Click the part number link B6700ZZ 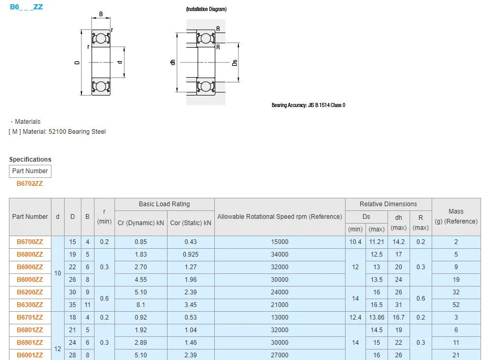tap(30, 242)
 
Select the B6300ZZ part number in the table tap(30, 305)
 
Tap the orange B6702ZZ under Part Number tap(30, 184)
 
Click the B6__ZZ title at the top tap(26, 7)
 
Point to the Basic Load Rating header tap(164, 204)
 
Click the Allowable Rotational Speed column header tap(279, 217)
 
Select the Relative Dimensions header tap(388, 204)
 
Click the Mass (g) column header tap(456, 216)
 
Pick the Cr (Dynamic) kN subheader tap(141, 223)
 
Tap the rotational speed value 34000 tap(279, 255)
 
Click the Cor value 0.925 tap(191, 255)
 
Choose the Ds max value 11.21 tap(377, 242)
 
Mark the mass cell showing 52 tap(456, 305)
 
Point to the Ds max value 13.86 tap(377, 317)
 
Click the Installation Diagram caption tap(206, 9)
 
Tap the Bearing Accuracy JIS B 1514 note tap(308, 105)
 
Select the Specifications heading tap(30, 160)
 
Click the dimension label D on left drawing tap(77, 62)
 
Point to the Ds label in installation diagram tap(235, 62)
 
